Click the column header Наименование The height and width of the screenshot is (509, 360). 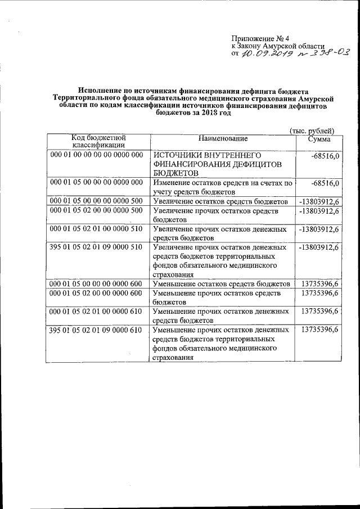click(x=222, y=138)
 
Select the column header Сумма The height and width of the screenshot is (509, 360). click(x=319, y=138)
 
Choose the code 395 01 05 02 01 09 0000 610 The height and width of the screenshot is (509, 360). click(x=97, y=330)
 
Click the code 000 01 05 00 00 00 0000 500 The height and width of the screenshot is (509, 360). click(x=97, y=201)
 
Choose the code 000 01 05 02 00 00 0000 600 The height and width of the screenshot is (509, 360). click(x=97, y=293)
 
